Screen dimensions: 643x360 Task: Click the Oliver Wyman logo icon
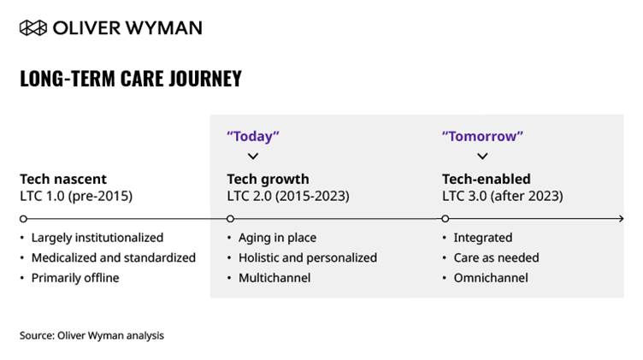tap(33, 28)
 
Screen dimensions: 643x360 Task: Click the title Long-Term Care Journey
tap(131, 79)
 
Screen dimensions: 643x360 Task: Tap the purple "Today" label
tap(253, 136)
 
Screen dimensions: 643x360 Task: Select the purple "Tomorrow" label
tap(482, 136)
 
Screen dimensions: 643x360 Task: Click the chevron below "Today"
tap(253, 156)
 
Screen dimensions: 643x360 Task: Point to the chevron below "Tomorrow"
tap(482, 156)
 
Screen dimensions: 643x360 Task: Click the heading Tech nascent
tap(63, 180)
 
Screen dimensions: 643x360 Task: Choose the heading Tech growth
tap(268, 180)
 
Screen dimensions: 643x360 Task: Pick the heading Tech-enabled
tap(486, 180)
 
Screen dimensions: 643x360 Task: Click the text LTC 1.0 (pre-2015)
tap(76, 196)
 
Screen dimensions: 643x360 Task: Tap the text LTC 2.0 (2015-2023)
tap(288, 196)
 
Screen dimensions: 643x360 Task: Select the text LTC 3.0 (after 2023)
tap(503, 196)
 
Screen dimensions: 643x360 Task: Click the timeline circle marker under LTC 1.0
tap(23, 219)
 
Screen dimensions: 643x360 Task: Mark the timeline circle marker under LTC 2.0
tap(231, 219)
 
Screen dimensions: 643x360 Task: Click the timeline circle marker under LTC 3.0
tap(445, 219)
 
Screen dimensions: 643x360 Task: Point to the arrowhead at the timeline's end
tap(622, 219)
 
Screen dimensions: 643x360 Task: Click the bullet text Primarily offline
tap(75, 278)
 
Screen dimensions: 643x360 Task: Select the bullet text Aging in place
tap(277, 238)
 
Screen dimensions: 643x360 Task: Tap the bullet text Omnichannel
tap(491, 278)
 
